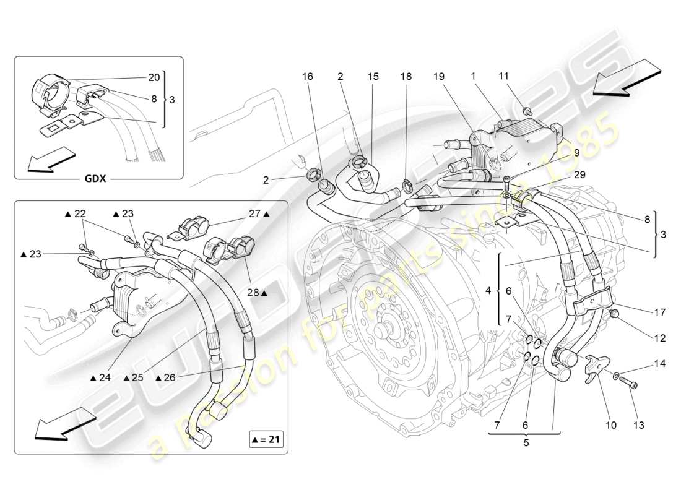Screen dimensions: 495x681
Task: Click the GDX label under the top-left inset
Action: pyautogui.click(x=95, y=179)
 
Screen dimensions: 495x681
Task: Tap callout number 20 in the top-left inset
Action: pyautogui.click(x=154, y=77)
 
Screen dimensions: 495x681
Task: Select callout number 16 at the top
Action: pyautogui.click(x=308, y=77)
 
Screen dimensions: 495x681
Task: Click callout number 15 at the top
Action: pyautogui.click(x=373, y=77)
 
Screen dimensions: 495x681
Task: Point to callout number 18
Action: pyautogui.click(x=407, y=77)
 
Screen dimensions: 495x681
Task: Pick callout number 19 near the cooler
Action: pyautogui.click(x=439, y=77)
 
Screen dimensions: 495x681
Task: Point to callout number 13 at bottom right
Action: pyautogui.click(x=639, y=425)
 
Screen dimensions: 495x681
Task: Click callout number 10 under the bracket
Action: pyautogui.click(x=611, y=425)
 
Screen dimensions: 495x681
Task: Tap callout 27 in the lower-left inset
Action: pyautogui.click(x=254, y=213)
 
